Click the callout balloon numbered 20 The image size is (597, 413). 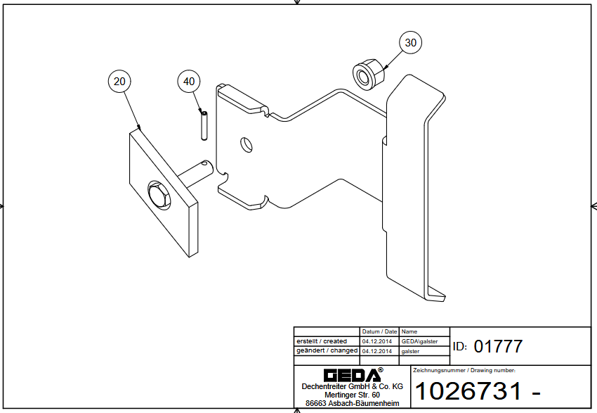120,82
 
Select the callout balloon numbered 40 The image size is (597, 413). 189,82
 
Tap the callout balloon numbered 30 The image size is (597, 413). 411,43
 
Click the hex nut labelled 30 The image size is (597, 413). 367,74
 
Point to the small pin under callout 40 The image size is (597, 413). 203,125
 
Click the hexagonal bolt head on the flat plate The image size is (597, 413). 159,194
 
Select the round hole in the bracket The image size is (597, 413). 244,144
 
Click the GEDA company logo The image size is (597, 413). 352,374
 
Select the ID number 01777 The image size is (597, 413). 498,346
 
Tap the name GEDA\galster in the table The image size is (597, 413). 419,341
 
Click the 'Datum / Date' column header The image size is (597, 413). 379,331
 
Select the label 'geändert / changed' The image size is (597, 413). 327,350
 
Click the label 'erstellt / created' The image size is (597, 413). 322,341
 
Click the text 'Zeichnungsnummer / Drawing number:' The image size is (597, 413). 464,370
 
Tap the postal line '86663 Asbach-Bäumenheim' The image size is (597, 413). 352,403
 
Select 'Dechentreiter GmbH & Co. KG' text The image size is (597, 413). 352,386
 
